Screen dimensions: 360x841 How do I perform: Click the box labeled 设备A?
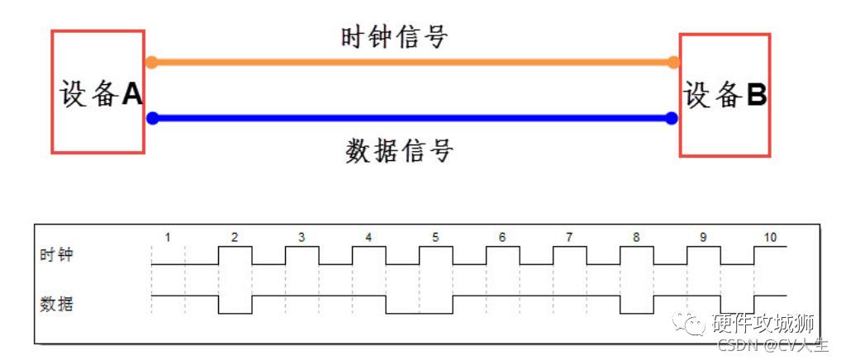pos(97,92)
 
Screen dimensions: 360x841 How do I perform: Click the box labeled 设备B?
pos(725,95)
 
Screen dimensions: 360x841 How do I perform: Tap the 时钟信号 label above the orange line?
pos(394,37)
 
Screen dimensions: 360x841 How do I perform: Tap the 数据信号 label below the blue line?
pos(399,151)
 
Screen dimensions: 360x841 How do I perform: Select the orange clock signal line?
pos(413,62)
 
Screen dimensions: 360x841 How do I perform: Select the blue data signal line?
pos(413,118)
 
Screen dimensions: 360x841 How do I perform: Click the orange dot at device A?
pos(151,62)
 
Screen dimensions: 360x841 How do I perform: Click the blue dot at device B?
pos(672,118)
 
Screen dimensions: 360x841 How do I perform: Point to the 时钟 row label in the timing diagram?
pos(56,255)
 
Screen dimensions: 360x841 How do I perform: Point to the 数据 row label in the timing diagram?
pos(56,304)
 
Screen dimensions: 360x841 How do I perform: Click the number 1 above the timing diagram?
pos(168,238)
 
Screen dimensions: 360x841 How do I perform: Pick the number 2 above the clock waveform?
pos(235,238)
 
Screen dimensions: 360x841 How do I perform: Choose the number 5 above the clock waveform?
pos(435,238)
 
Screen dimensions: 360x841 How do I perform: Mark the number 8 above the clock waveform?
pos(636,238)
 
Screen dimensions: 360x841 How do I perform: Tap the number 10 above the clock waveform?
pos(770,238)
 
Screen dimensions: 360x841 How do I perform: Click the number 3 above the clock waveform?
pos(302,238)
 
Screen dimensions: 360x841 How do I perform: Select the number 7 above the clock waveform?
pos(569,238)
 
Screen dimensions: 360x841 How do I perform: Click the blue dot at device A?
pos(152,118)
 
